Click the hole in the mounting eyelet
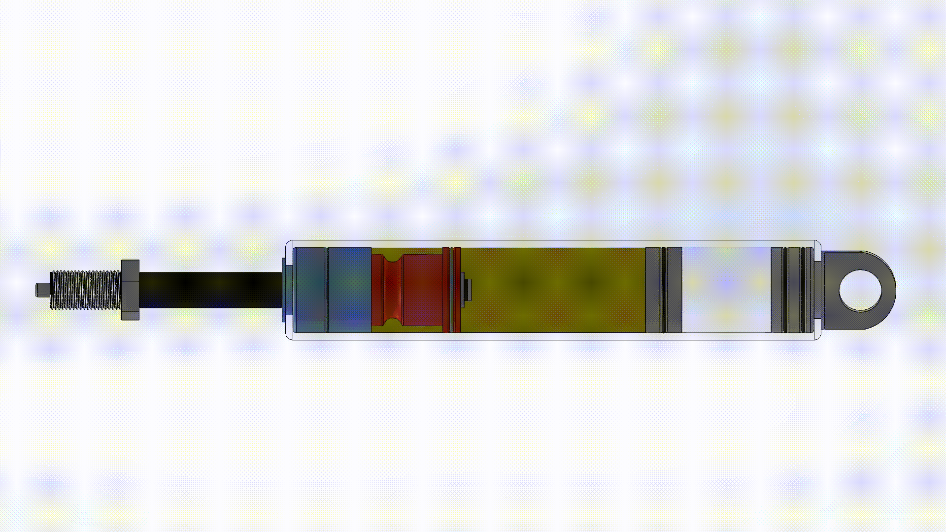coord(860,290)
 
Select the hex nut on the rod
coord(130,290)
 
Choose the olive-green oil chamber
coord(552,290)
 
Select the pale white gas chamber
coord(726,290)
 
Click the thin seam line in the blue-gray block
coord(326,290)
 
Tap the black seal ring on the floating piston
coord(664,290)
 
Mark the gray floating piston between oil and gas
coord(653,290)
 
